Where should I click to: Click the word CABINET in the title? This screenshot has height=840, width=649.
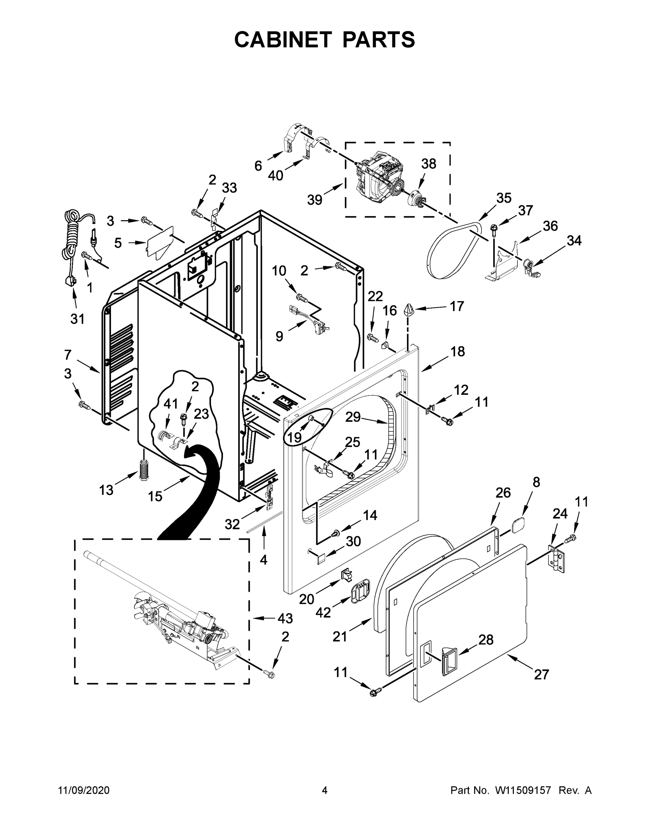[283, 39]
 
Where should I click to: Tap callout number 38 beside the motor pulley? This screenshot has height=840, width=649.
[429, 164]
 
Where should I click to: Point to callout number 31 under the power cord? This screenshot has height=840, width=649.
[77, 318]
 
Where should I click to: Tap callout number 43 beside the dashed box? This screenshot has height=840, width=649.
[285, 618]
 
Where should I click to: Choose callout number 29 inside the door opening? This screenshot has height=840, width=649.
[353, 416]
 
